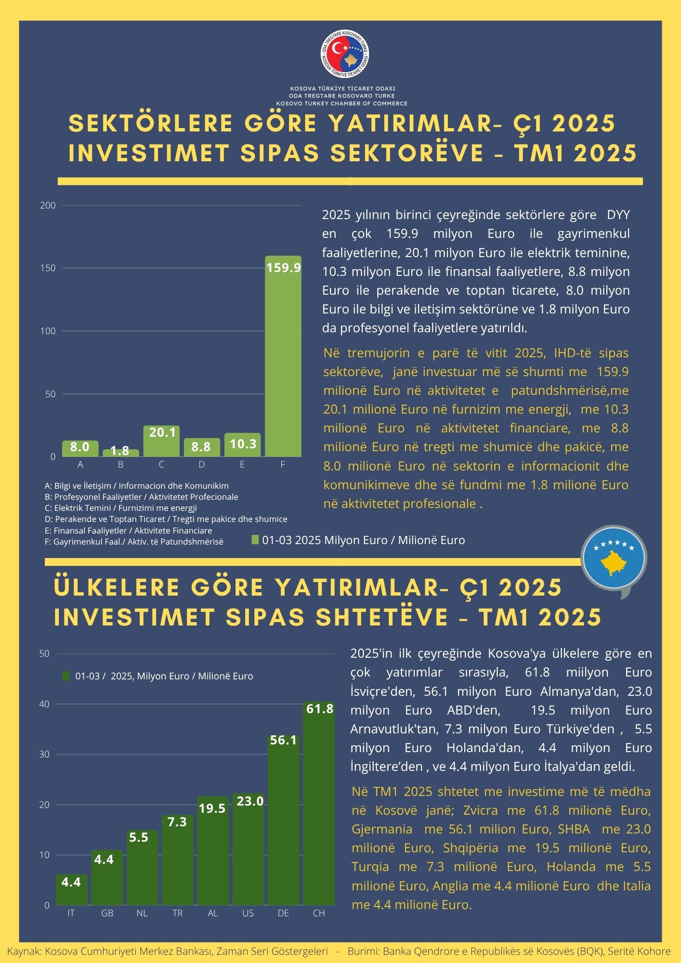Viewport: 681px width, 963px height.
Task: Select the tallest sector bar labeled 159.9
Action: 283,356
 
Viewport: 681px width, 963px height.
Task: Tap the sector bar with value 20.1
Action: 161,441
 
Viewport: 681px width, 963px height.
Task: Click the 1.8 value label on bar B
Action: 119,451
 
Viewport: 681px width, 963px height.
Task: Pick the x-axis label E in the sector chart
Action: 242,465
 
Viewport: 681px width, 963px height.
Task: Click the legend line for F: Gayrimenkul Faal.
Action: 134,542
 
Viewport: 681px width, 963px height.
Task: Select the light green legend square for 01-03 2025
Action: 255,540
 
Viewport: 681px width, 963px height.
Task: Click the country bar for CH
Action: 318,804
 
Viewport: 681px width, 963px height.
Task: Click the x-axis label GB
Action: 107,913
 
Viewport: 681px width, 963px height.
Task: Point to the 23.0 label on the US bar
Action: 248,801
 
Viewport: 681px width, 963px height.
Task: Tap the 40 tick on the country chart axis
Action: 44,704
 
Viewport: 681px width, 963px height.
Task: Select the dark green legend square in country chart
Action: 66,676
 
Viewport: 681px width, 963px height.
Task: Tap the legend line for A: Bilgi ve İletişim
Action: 136,486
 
